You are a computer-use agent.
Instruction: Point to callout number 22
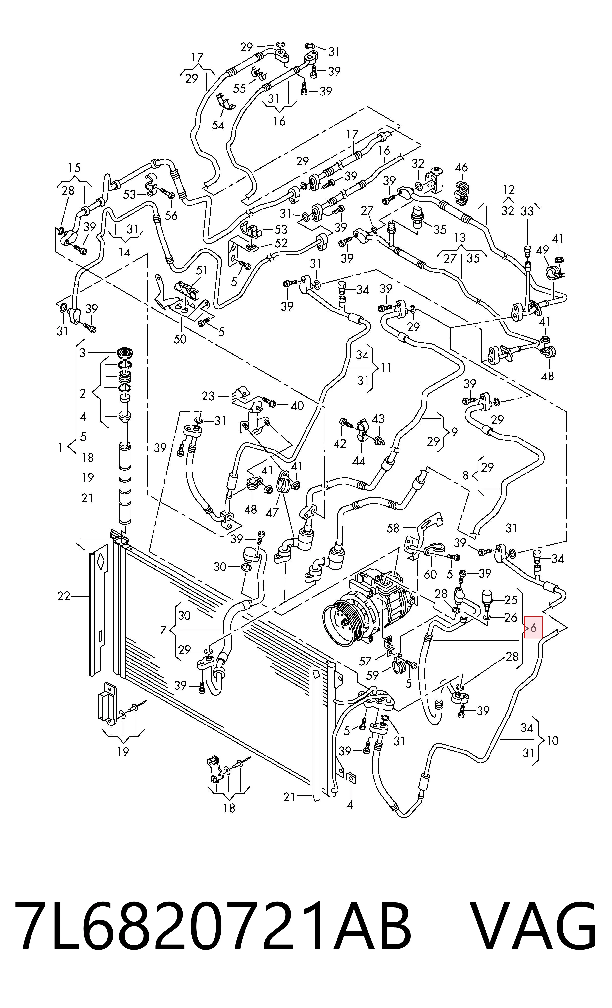tap(64, 597)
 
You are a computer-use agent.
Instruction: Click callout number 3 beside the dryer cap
tap(82, 353)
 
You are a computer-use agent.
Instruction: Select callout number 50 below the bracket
tap(180, 339)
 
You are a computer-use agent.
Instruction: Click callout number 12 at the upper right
tap(509, 189)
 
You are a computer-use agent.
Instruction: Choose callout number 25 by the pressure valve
tap(511, 600)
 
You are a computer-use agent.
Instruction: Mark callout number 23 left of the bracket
tap(208, 396)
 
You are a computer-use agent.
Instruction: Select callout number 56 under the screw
tap(171, 215)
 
